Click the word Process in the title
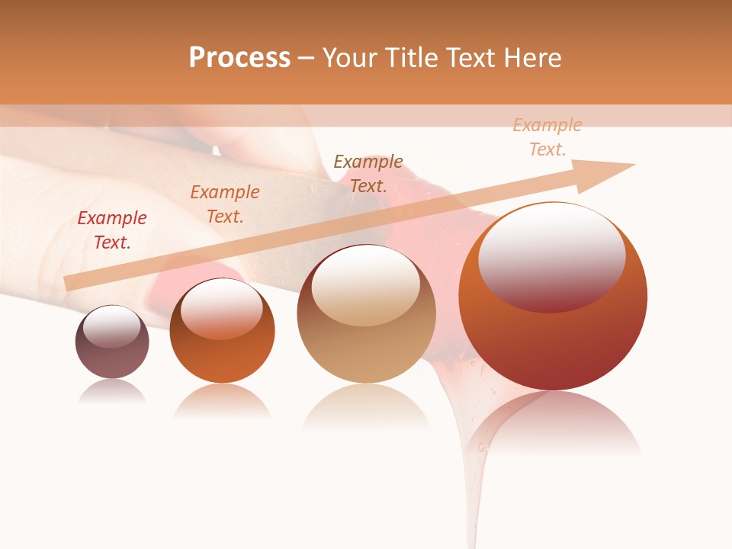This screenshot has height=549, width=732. coord(239,58)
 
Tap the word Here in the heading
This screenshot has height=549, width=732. coord(532,58)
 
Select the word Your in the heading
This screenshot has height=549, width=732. coord(350,58)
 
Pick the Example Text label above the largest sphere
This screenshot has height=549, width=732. coord(547,137)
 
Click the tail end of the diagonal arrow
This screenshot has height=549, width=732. coord(69,283)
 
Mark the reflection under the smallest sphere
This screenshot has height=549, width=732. coord(112,392)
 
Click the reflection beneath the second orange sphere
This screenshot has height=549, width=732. coord(222,400)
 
